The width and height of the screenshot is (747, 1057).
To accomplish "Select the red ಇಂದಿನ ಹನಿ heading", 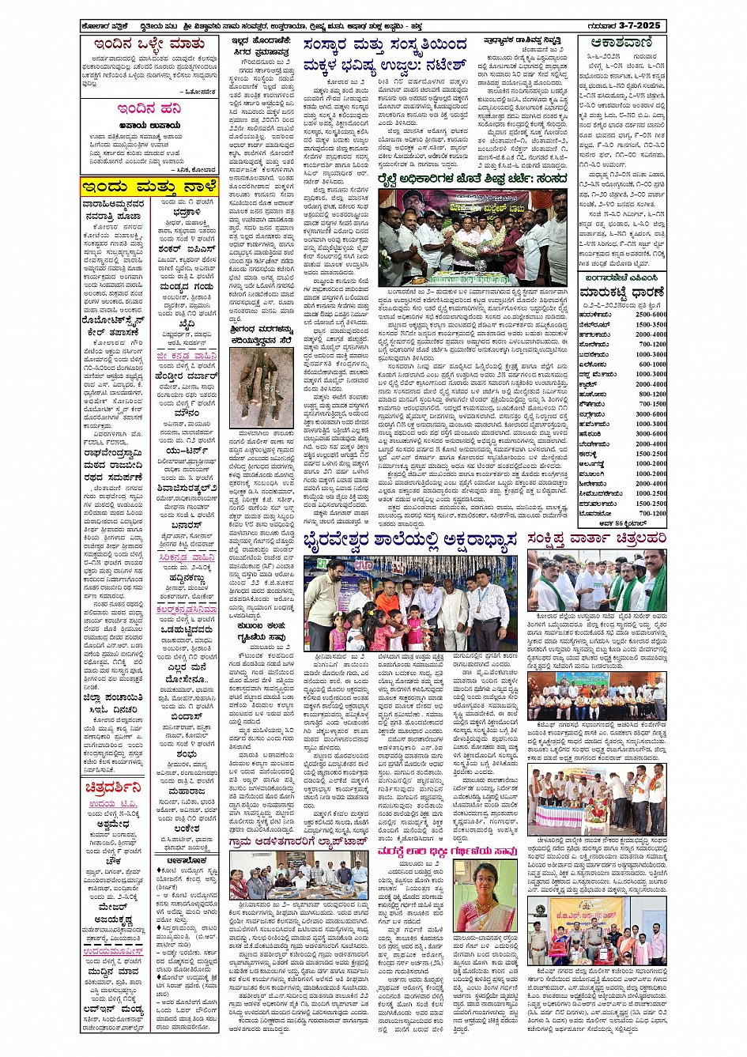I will coord(149,108).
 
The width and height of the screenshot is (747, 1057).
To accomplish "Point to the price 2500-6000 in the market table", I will coord(650,314).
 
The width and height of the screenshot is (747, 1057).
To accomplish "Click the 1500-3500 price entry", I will coord(650,324).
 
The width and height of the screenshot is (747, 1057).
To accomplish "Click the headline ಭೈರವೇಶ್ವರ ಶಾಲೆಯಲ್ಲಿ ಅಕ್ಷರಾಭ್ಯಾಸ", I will coord(410,541).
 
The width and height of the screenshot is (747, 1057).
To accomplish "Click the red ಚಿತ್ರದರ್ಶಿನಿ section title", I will coord(113,787).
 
